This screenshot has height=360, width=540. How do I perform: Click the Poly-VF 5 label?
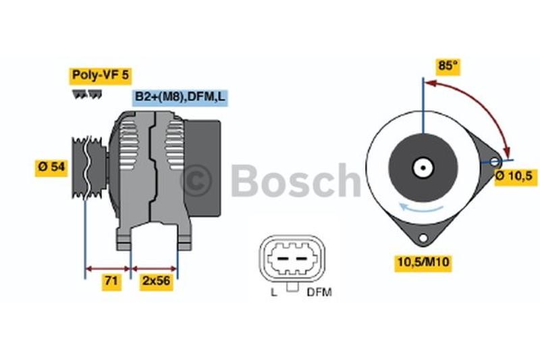[x=101, y=76]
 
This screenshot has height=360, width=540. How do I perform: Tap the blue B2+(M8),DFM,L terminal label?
[x=180, y=97]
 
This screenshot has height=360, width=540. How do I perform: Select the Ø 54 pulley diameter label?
[x=51, y=168]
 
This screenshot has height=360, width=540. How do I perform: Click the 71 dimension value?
[x=111, y=281]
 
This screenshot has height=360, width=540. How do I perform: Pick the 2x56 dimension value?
[x=157, y=281]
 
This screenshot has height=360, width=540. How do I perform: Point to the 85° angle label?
[x=448, y=66]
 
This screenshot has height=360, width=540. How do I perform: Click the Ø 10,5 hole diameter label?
[x=516, y=176]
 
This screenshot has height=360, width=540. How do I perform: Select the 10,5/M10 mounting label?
[x=423, y=262]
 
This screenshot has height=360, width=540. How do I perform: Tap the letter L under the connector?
[x=274, y=292]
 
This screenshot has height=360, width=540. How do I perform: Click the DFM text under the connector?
[x=319, y=292]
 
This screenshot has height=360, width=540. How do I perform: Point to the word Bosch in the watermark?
[x=296, y=180]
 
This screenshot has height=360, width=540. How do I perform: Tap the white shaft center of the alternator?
[x=423, y=168]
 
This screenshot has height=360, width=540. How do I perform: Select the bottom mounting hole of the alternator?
[x=423, y=238]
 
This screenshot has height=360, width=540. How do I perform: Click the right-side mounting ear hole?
[x=494, y=161]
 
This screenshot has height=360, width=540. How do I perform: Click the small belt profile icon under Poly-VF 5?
[x=87, y=95]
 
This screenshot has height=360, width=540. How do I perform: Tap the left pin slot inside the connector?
[x=283, y=259]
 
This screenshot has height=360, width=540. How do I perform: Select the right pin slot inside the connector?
[x=301, y=259]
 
